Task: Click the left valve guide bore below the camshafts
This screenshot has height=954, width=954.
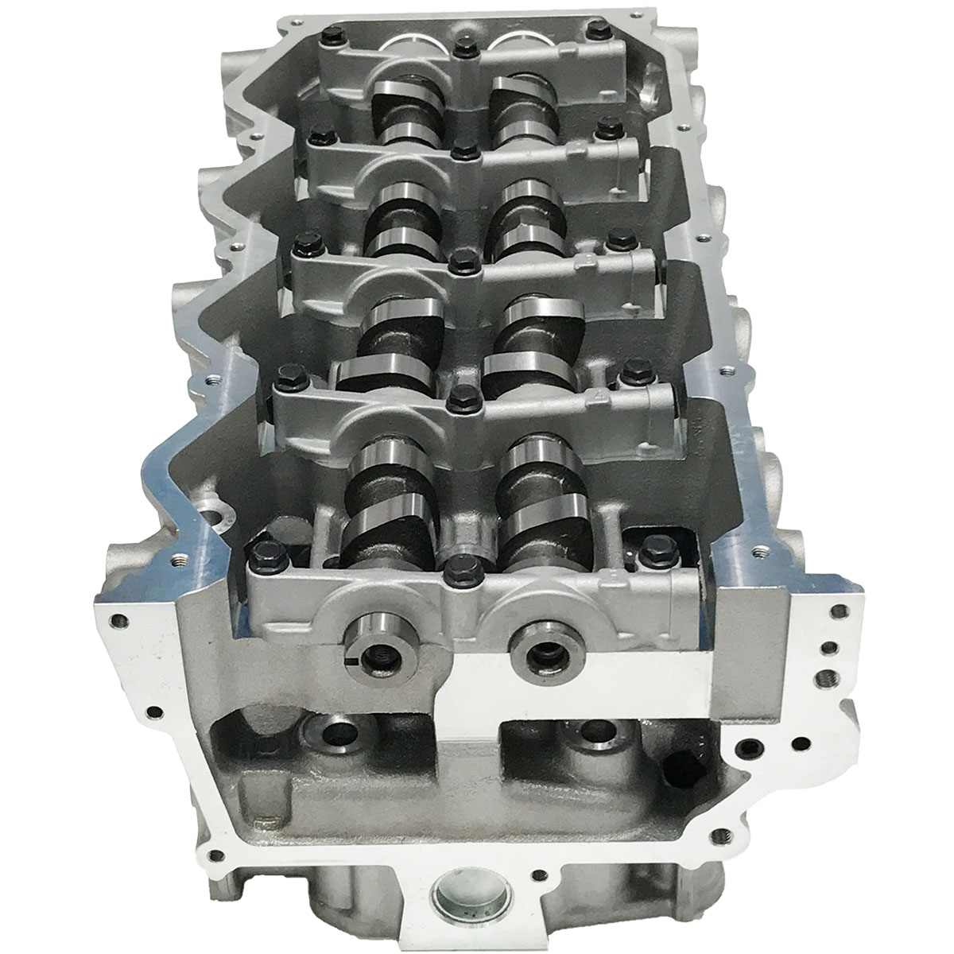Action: pyautogui.click(x=332, y=733)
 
